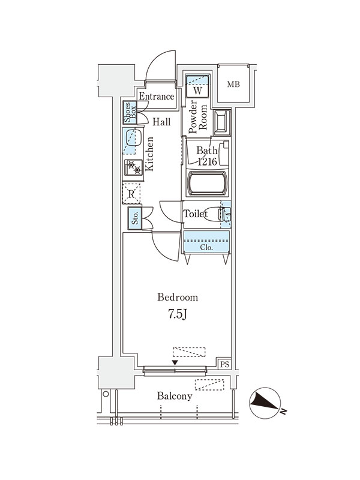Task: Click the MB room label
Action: coord(233,84)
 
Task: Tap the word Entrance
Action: coord(157,97)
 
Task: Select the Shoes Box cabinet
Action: coord(130,113)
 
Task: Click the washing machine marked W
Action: coord(198,86)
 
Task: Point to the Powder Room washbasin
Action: coord(222,123)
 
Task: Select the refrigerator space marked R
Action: coord(131,193)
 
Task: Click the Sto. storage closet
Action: coord(135,218)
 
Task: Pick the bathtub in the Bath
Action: coord(207,183)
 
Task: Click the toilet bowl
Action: coord(215,214)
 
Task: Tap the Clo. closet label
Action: coord(206,247)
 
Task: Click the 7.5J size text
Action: coord(177,314)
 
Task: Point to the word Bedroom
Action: coord(178,297)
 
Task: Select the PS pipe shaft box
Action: coord(224,364)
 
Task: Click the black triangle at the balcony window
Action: coord(175,363)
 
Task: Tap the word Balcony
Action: coord(175,396)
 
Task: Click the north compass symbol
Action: coord(265,403)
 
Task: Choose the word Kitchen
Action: coord(149,154)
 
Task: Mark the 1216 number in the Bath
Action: coord(208,161)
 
